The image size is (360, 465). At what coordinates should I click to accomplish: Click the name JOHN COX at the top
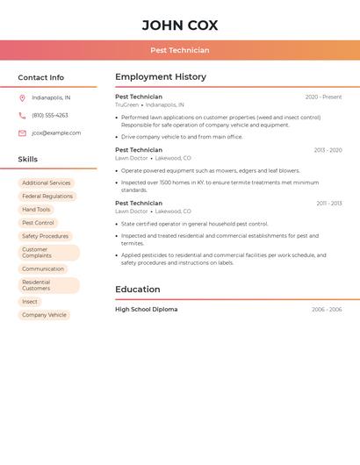pyautogui.click(x=180, y=25)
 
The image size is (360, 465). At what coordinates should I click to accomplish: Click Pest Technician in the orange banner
pyautogui.click(x=180, y=50)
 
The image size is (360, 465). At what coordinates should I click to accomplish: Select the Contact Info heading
pyautogui.click(x=40, y=77)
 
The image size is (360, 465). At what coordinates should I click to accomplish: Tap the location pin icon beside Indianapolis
pyautogui.click(x=22, y=97)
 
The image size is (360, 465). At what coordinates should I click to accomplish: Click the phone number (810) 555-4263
pyautogui.click(x=50, y=115)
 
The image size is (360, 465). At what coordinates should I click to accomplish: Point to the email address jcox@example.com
pyautogui.click(x=56, y=132)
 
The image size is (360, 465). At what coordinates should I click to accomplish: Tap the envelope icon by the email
pyautogui.click(x=22, y=133)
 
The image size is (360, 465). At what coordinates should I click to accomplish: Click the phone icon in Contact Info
pyautogui.click(x=22, y=115)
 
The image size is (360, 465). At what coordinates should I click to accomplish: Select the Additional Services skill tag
pyautogui.click(x=47, y=183)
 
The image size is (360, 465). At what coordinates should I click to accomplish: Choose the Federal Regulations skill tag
pyautogui.click(x=47, y=197)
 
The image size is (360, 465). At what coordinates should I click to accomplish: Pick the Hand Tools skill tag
pyautogui.click(x=36, y=210)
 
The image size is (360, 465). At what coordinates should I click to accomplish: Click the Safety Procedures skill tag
pyautogui.click(x=45, y=236)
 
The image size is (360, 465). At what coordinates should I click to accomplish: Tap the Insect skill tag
pyautogui.click(x=30, y=302)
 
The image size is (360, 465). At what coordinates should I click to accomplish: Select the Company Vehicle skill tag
pyautogui.click(x=44, y=315)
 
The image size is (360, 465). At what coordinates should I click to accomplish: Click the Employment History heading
pyautogui.click(x=161, y=77)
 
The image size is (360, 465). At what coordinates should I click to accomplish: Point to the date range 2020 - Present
pyautogui.click(x=323, y=97)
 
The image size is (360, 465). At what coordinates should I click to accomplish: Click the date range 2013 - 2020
pyautogui.click(x=328, y=150)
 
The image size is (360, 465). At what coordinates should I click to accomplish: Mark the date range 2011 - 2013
pyautogui.click(x=329, y=204)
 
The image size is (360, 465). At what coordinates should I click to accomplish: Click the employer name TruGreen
pyautogui.click(x=126, y=104)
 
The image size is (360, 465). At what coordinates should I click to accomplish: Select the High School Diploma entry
pyautogui.click(x=146, y=310)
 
